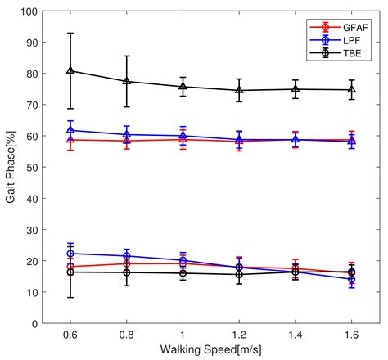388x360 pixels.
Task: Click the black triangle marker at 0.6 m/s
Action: tap(71, 71)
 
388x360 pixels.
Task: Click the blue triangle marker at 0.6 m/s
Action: tap(71, 131)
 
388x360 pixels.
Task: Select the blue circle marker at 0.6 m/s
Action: tap(71, 254)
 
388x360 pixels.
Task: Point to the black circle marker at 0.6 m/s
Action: tap(71, 272)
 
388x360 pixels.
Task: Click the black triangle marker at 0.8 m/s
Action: tap(127, 82)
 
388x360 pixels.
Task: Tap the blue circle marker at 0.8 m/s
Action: tap(127, 256)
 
